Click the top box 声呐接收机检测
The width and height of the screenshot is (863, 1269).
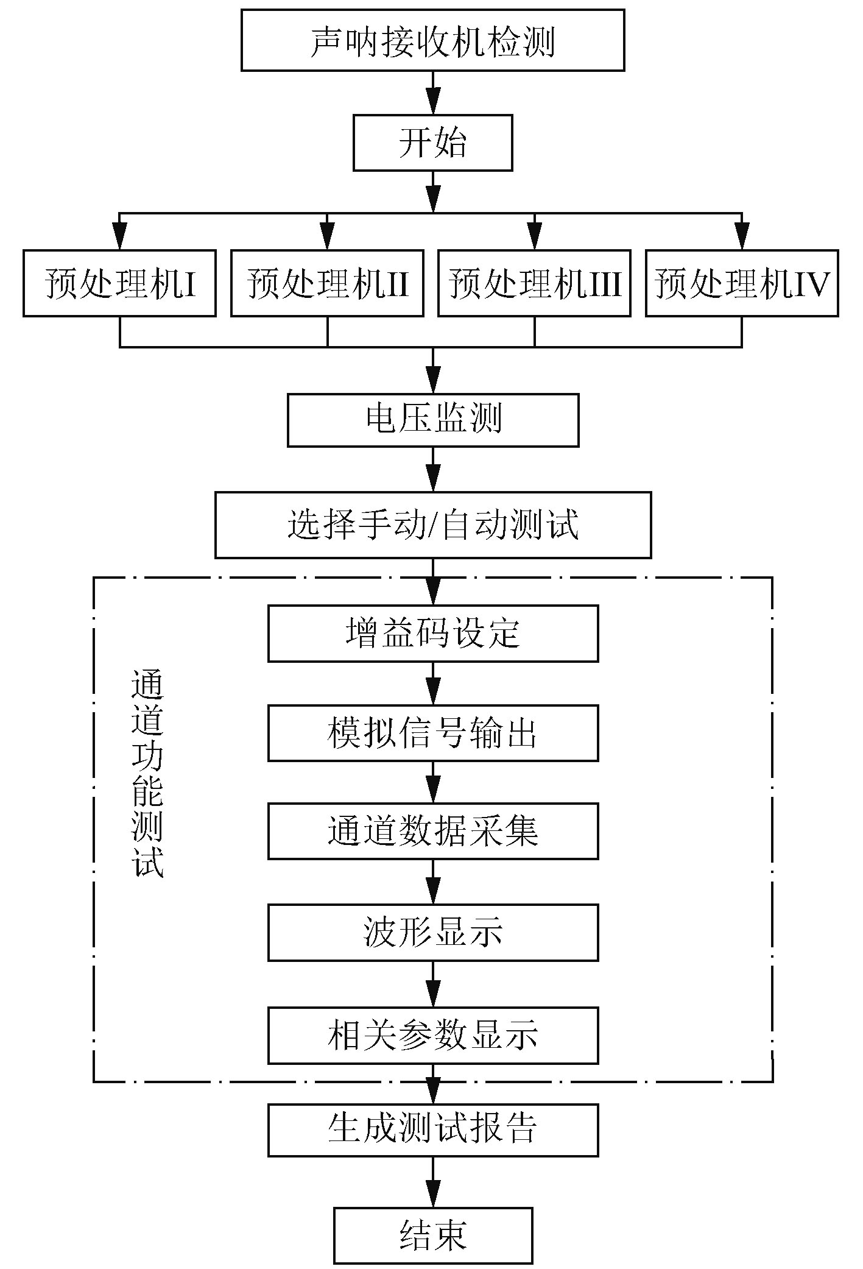(432, 40)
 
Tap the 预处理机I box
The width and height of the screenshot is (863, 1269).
(119, 283)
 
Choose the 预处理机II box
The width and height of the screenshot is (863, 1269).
(327, 283)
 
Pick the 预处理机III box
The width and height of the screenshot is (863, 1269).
(534, 283)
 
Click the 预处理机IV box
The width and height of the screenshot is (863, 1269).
(742, 283)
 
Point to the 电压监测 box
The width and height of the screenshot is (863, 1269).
(432, 420)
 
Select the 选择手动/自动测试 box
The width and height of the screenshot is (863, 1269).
(432, 525)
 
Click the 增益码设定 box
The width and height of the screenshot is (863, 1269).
(432, 634)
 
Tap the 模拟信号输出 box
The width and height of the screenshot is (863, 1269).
(432, 733)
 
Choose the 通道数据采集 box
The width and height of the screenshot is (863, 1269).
(432, 831)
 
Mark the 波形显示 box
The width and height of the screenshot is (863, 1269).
(432, 932)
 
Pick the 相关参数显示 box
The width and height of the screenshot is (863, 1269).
(432, 1035)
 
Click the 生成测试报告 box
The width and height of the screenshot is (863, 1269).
(432, 1129)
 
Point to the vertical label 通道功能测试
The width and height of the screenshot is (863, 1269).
(147, 774)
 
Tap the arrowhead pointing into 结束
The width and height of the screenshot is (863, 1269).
(432, 1197)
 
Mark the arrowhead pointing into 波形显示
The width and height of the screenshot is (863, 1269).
(432, 892)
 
